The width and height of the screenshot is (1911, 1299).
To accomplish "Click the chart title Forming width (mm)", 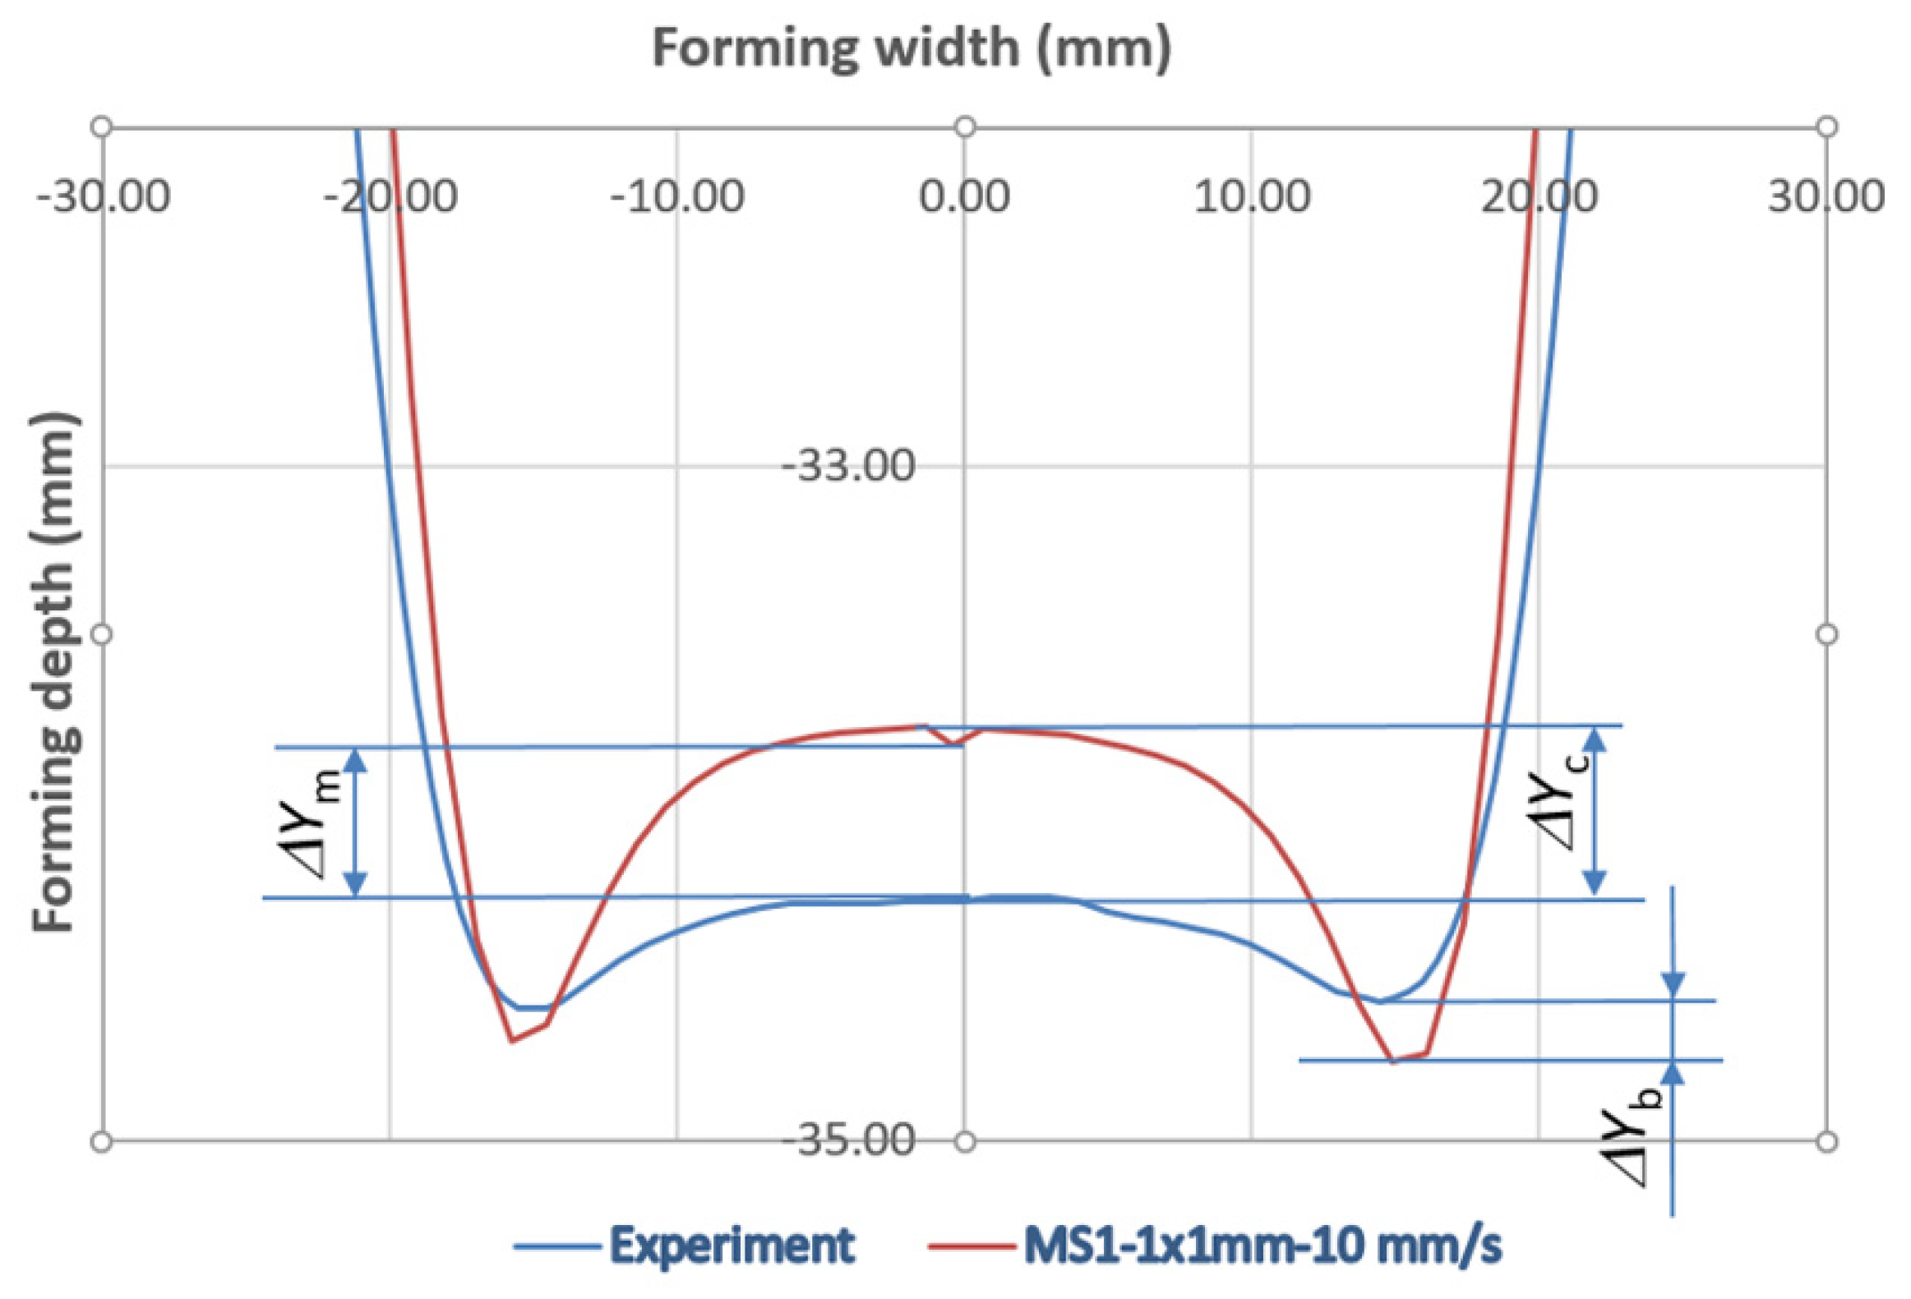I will [911, 48].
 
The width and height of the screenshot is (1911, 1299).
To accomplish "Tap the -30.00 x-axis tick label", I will [104, 198].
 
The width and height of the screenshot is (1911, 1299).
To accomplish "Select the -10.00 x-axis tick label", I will [677, 198].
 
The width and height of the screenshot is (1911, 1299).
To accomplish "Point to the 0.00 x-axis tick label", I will [965, 198].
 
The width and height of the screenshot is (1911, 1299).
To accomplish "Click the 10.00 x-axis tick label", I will [1252, 198].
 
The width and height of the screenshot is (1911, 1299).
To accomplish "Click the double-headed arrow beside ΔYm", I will [355, 822].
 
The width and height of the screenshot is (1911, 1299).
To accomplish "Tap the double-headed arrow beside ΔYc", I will [1595, 812].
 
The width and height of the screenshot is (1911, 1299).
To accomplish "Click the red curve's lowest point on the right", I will [1393, 1062].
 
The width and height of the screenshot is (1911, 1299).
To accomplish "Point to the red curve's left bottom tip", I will [512, 1042].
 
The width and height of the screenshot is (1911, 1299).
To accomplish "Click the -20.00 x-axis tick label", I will [390, 198].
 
